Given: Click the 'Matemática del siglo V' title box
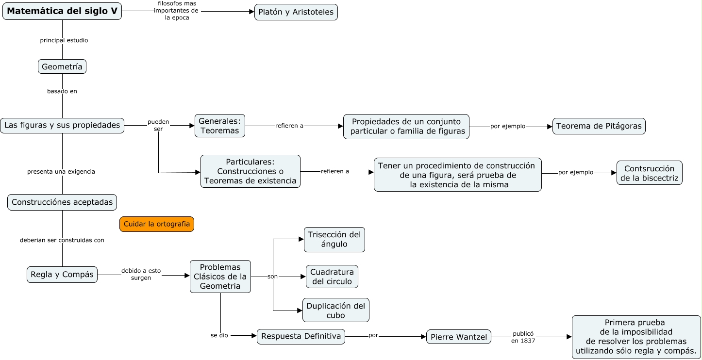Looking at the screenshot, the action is pyautogui.click(x=62, y=11).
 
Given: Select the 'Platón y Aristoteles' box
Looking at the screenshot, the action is pyautogui.click(x=296, y=12).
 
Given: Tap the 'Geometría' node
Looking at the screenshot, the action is pyautogui.click(x=62, y=66).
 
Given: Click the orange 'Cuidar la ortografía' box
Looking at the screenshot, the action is pyautogui.click(x=157, y=224).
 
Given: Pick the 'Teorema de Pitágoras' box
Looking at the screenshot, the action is pyautogui.click(x=599, y=126).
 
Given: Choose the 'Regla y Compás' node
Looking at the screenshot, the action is pyautogui.click(x=62, y=275).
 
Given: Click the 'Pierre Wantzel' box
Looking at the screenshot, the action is pyautogui.click(x=458, y=337).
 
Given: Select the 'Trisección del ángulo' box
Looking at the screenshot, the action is pyautogui.click(x=334, y=239).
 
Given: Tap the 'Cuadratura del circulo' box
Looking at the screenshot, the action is pyautogui.click(x=332, y=277).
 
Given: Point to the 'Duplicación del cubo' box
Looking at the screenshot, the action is pyautogui.click(x=335, y=310).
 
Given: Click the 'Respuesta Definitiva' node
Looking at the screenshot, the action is pyautogui.click(x=301, y=337).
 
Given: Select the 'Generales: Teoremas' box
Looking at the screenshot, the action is pyautogui.click(x=220, y=126).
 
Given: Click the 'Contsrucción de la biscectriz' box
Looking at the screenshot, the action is pyautogui.click(x=650, y=173).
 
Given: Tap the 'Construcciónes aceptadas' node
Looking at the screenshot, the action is pyautogui.click(x=62, y=202).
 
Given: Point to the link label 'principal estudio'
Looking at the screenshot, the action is pyautogui.click(x=64, y=40).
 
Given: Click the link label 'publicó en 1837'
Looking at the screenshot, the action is pyautogui.click(x=523, y=337).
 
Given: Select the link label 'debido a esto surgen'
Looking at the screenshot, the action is pyautogui.click(x=141, y=274).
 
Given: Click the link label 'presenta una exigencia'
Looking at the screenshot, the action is pyautogui.click(x=61, y=171).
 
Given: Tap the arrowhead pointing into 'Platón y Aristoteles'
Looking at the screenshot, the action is pyautogui.click(x=251, y=12).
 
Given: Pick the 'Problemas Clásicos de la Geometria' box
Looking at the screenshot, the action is pyautogui.click(x=220, y=277).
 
